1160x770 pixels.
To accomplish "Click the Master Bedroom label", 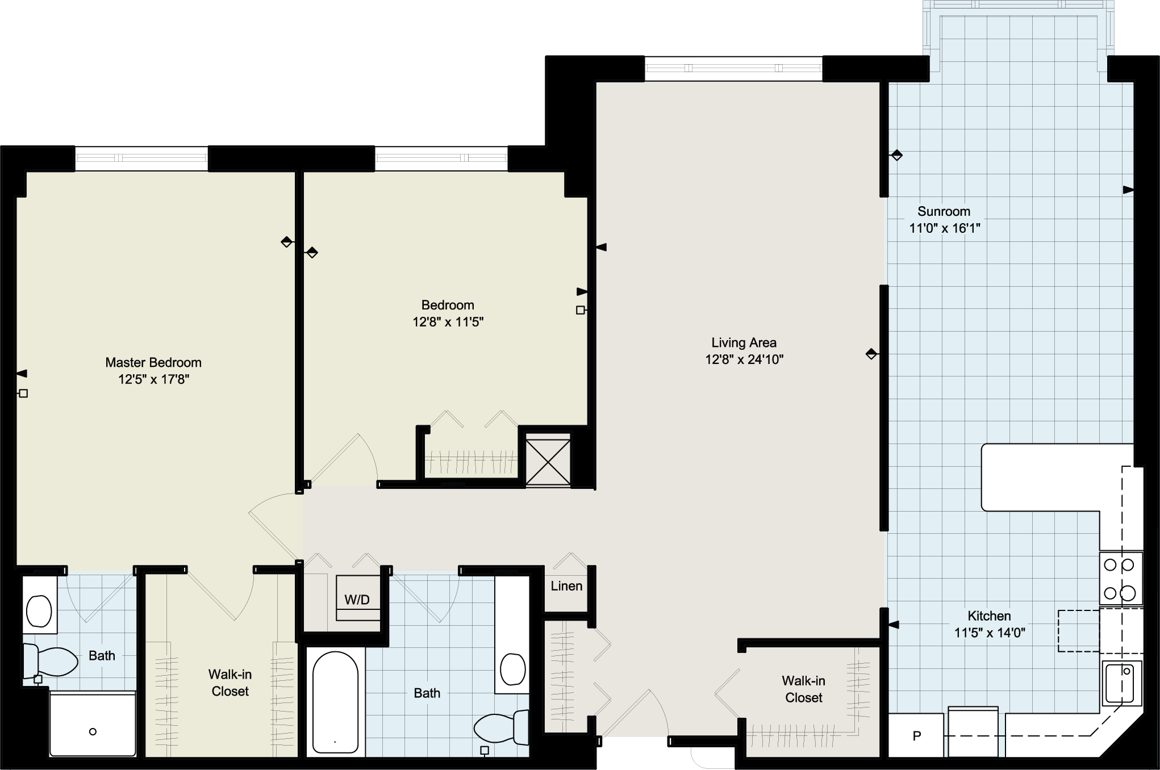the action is (x=153, y=362).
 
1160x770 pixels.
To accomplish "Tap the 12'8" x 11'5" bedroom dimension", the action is (x=448, y=322).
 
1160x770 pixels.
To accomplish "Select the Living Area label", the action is (x=744, y=342).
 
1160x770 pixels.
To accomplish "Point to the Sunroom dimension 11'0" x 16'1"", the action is (x=944, y=228).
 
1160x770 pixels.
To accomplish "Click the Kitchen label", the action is (x=989, y=616).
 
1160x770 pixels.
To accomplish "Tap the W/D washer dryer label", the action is (x=357, y=600).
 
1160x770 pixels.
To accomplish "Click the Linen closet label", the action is (x=566, y=586).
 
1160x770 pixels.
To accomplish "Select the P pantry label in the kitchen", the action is (x=916, y=736).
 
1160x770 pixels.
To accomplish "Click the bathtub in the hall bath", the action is (x=335, y=703).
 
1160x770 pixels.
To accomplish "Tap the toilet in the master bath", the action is (x=50, y=661).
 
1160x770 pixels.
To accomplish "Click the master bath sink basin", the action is (x=39, y=610).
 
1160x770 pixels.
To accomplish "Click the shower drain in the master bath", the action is (x=93, y=731).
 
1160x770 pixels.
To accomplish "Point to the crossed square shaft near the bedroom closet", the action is (x=548, y=459).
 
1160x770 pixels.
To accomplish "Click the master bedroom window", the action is (x=141, y=158).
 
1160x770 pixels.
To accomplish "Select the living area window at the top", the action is (x=733, y=69).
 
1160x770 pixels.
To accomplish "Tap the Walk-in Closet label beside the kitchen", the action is (x=804, y=689).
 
